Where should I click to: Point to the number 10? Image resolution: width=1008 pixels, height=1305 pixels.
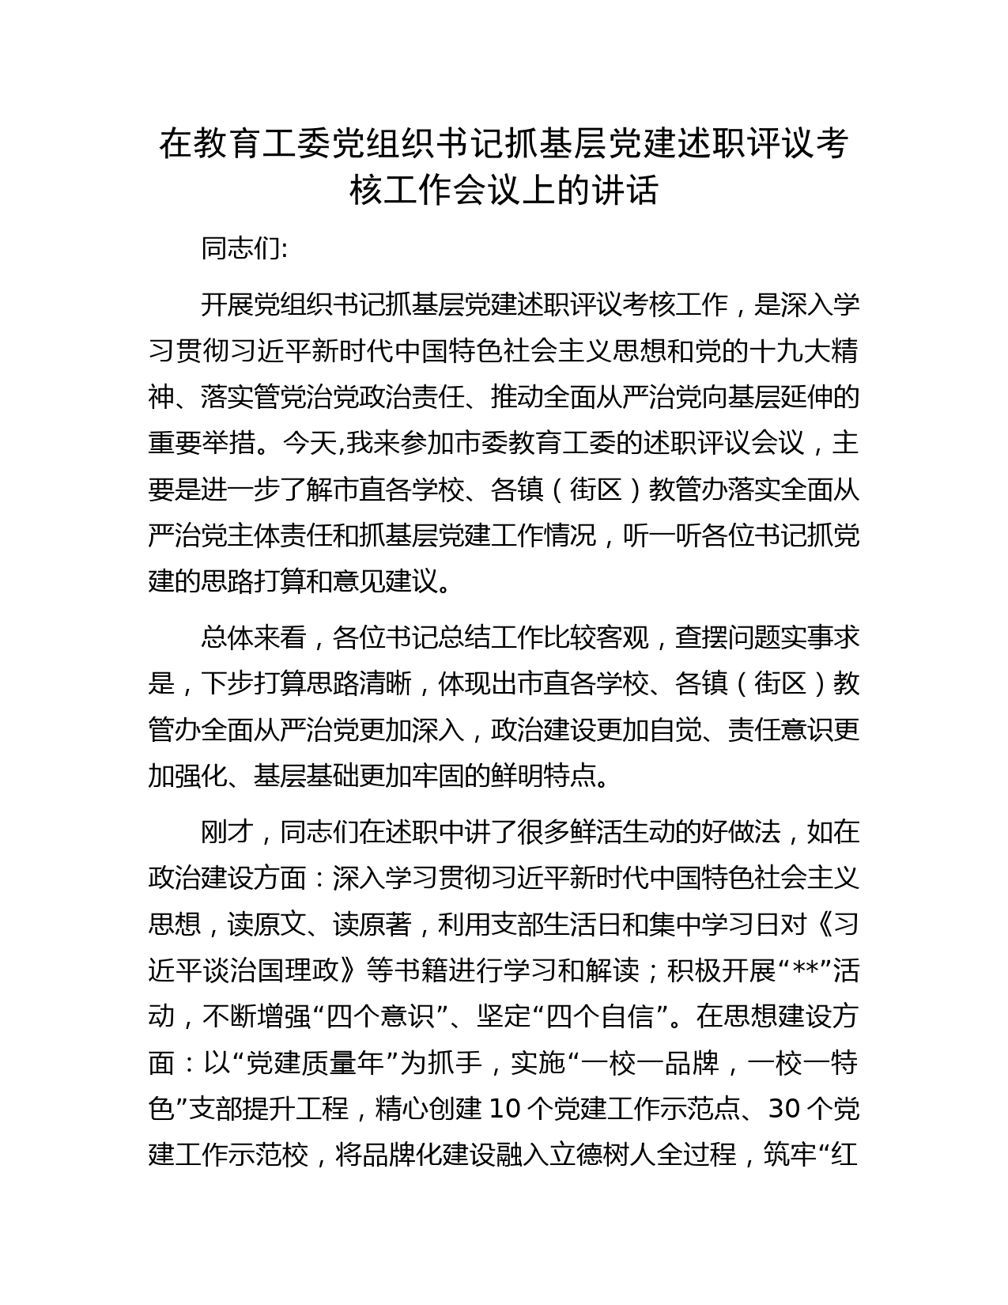505,1110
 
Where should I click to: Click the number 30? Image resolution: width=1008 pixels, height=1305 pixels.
785,1110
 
